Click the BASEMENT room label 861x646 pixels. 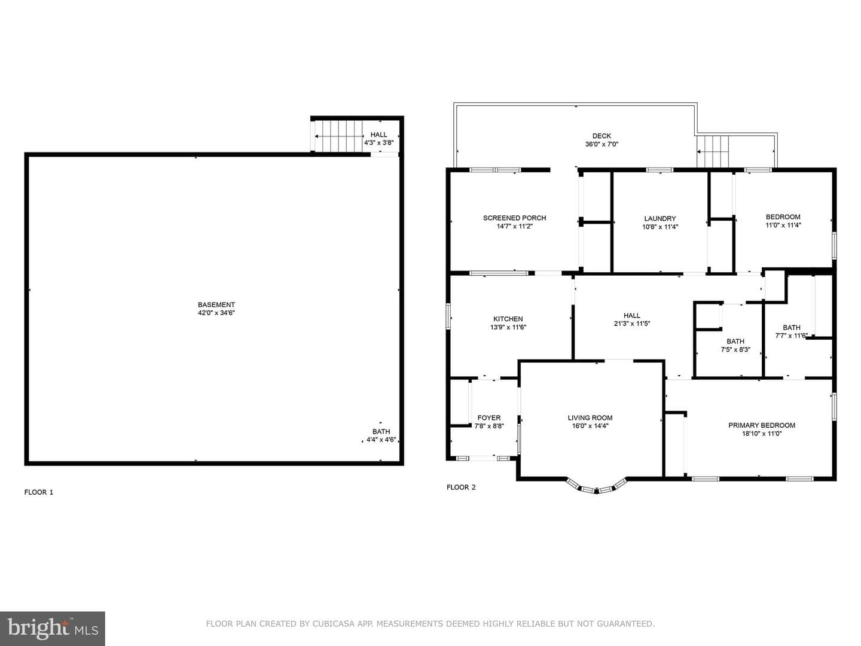click(216, 304)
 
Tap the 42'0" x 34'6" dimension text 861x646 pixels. click(216, 313)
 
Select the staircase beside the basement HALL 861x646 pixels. click(338, 136)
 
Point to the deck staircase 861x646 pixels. click(713, 151)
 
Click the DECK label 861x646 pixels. click(602, 136)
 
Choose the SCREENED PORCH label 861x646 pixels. click(514, 218)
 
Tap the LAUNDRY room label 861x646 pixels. click(660, 218)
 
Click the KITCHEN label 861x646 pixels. click(508, 319)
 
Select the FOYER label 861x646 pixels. click(488, 418)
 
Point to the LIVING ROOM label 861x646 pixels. click(590, 418)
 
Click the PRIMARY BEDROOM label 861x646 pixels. click(762, 425)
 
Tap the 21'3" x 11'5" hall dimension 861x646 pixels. click(632, 324)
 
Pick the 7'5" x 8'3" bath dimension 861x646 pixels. click(735, 349)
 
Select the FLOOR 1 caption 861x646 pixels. click(38, 492)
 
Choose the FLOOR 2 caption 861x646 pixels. click(461, 487)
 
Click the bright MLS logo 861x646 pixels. click(53, 629)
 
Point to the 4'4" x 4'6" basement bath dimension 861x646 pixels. click(381, 440)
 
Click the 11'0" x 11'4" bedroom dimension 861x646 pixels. click(783, 225)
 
